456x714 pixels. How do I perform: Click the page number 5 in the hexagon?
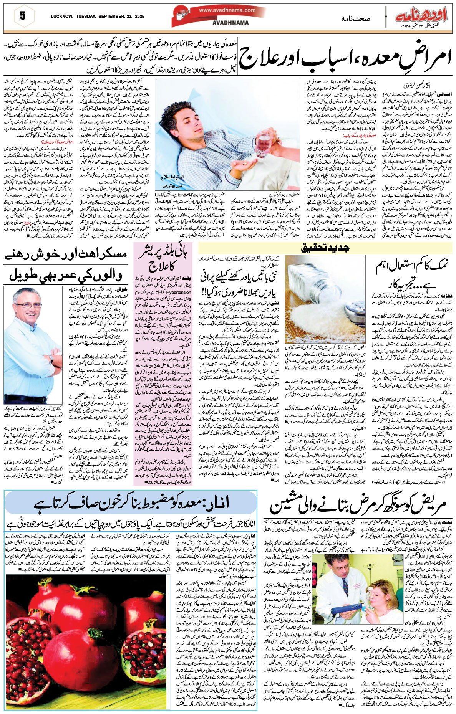pyautogui.click(x=23, y=16)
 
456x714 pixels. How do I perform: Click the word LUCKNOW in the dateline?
pyautogui.click(x=62, y=17)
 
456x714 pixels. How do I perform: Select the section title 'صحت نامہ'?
pyautogui.click(x=355, y=18)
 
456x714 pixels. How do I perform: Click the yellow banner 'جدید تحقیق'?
pyautogui.click(x=326, y=248)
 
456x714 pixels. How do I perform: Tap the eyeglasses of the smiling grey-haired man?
pyautogui.click(x=28, y=306)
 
